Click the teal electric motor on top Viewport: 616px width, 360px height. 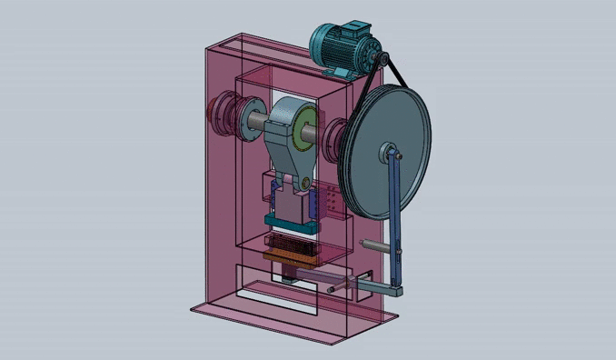click(338, 44)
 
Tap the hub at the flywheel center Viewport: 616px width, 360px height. click(389, 149)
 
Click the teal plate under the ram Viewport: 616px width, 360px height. click(287, 221)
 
